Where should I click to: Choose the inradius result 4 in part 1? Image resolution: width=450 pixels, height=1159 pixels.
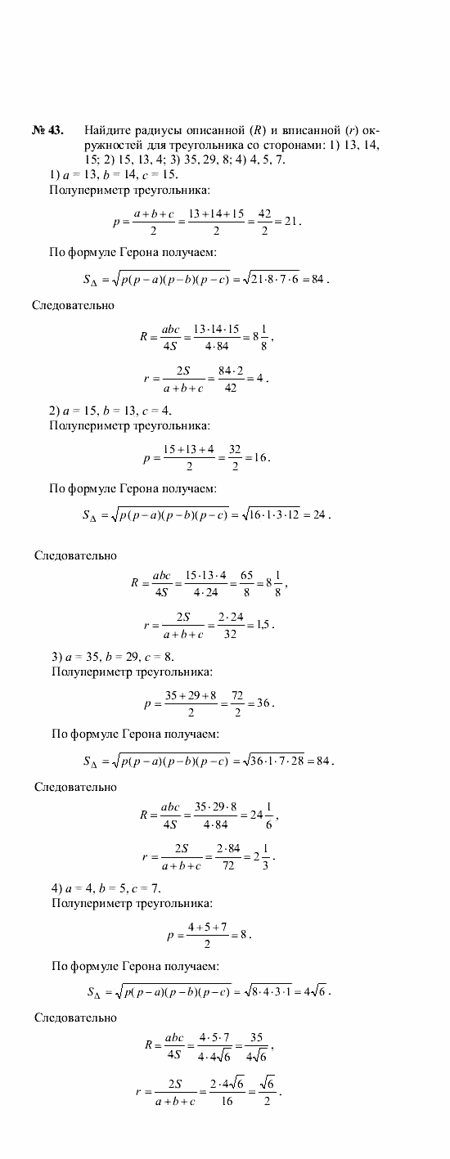pyautogui.click(x=262, y=380)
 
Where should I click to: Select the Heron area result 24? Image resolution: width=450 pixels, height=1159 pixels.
pyautogui.click(x=319, y=515)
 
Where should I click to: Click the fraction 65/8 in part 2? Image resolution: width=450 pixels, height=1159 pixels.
pyautogui.click(x=246, y=584)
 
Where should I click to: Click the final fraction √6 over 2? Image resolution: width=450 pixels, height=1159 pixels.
pyautogui.click(x=267, y=1091)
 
